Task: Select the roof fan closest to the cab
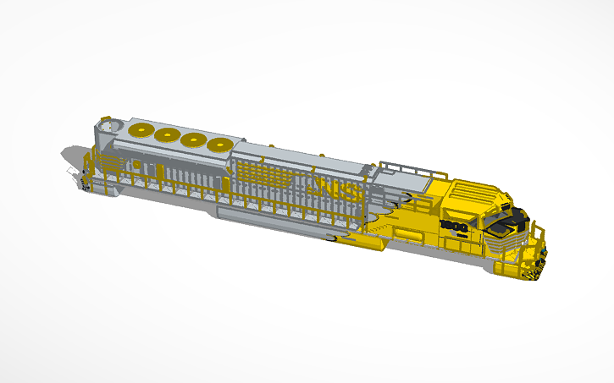[222, 145]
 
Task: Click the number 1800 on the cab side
[454, 227]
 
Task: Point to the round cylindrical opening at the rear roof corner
[106, 127]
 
